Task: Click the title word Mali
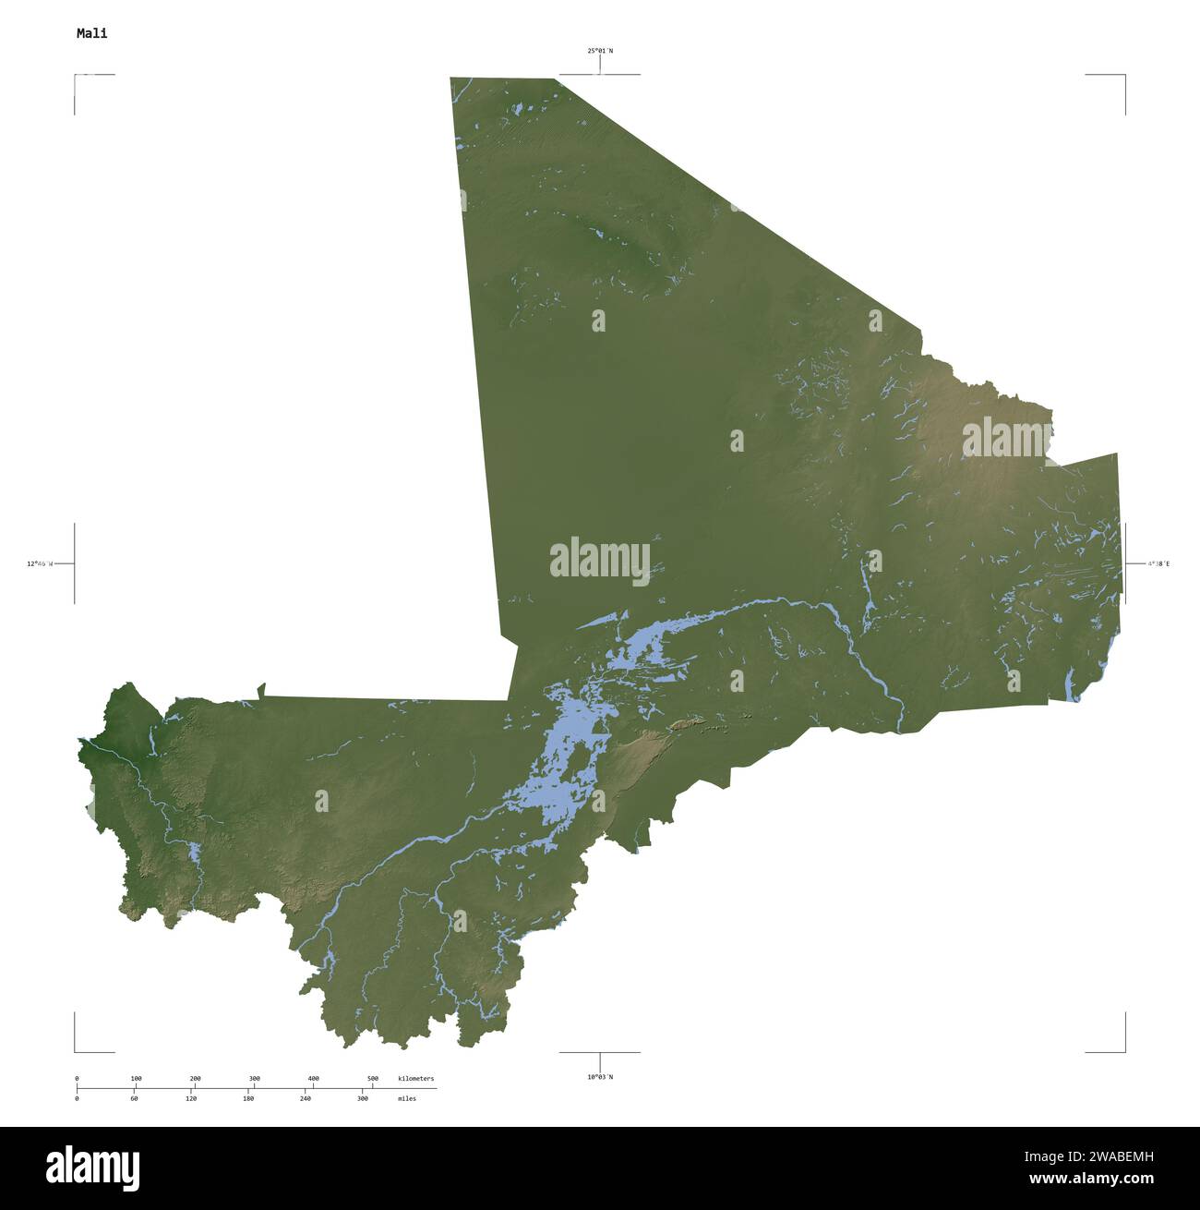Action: [91, 33]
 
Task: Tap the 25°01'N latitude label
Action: [600, 51]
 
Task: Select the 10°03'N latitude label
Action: [600, 1076]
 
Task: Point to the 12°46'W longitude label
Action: [40, 563]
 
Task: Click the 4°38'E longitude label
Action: [1158, 563]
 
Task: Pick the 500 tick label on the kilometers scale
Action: [373, 1079]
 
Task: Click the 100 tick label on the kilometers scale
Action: [136, 1079]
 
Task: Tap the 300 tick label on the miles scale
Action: [363, 1098]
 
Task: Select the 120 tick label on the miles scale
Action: [191, 1098]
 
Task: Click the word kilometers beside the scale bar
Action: [415, 1079]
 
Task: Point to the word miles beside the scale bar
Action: [407, 1098]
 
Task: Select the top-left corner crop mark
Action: [76, 76]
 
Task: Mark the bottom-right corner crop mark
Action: [1124, 1050]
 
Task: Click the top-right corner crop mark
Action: [1124, 76]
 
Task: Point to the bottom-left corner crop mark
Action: [76, 1050]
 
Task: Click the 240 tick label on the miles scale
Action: [306, 1098]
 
